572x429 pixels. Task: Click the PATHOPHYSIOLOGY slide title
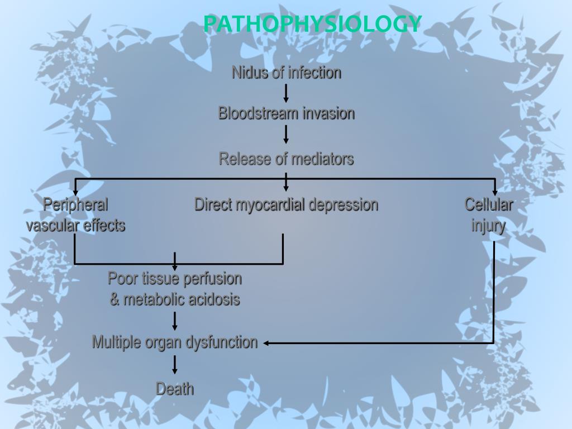312,23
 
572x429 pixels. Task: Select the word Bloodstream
258,113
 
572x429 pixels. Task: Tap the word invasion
328,113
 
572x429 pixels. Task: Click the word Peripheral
75,204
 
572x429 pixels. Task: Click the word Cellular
489,204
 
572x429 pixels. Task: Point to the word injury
488,226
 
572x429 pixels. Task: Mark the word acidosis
214,299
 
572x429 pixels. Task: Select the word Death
175,389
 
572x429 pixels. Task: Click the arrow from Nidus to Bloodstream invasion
286,93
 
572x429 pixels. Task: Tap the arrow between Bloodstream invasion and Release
286,135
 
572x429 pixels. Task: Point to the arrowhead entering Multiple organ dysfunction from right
266,343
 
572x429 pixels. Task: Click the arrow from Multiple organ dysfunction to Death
175,365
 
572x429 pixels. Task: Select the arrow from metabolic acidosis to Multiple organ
175,321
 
